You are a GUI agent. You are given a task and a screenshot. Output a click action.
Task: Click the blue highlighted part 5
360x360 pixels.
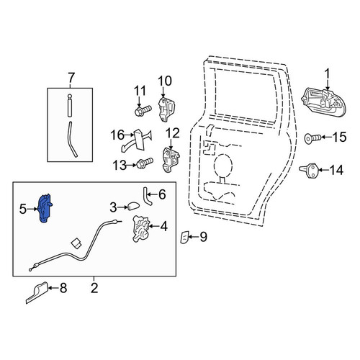(45, 208)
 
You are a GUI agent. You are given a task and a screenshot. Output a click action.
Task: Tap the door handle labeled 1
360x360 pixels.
(324, 103)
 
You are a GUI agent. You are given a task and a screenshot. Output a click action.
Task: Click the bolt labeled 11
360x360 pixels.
(143, 110)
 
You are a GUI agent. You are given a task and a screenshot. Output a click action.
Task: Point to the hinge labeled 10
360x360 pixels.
(166, 109)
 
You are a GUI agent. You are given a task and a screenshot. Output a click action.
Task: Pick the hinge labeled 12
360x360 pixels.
(171, 159)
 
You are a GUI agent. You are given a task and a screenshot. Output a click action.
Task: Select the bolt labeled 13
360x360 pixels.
(145, 163)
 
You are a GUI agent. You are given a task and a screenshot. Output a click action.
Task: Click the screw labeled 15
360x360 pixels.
(312, 138)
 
